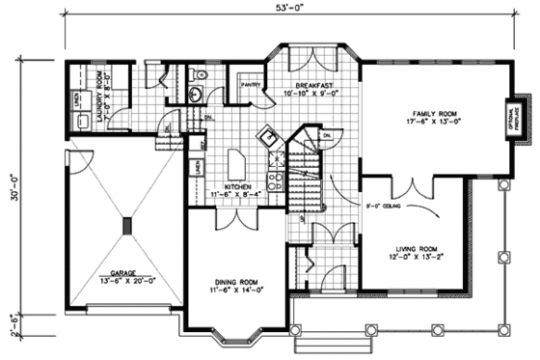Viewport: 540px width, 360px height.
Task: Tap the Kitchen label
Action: pos(239,189)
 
